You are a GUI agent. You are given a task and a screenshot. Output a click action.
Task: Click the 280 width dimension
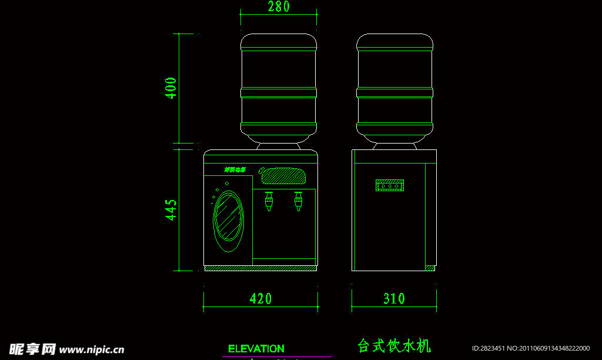(x=279, y=7)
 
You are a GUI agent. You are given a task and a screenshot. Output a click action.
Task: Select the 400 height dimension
(x=171, y=88)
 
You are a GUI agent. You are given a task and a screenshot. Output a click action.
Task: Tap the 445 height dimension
(x=171, y=210)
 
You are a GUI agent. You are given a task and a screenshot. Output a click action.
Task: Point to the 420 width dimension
(x=260, y=299)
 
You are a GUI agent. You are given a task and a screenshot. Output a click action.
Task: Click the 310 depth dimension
(x=394, y=299)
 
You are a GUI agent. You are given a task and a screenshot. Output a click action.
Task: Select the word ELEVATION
(x=256, y=349)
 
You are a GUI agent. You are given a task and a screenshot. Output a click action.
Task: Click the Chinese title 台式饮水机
(x=394, y=346)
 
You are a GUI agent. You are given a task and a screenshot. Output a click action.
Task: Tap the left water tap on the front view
(x=269, y=201)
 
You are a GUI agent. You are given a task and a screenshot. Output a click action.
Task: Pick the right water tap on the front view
(x=298, y=201)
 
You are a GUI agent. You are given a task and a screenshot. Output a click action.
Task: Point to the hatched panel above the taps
(x=285, y=175)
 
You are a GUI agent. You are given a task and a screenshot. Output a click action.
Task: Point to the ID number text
(x=530, y=348)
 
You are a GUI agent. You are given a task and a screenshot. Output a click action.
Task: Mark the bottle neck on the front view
(x=279, y=139)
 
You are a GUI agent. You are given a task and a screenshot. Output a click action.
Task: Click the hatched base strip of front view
(x=260, y=268)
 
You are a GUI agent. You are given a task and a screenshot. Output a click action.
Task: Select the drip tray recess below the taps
(x=284, y=261)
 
